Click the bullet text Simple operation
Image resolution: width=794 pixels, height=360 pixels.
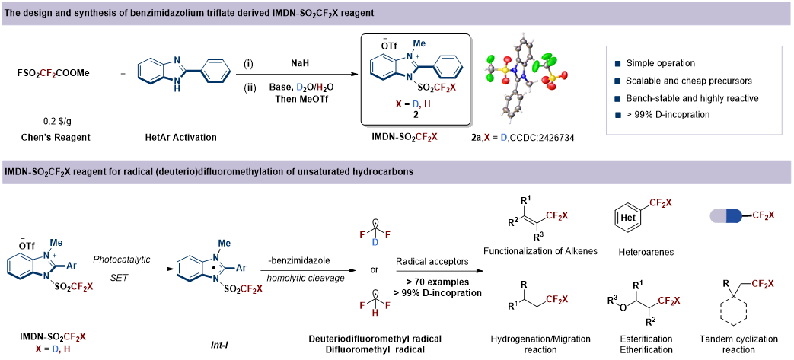pyautogui.click(x=660, y=64)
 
